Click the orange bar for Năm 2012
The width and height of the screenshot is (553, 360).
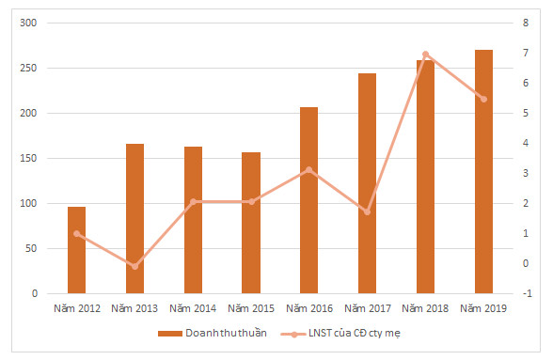[76, 250]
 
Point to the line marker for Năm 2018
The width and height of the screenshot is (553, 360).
[425, 55]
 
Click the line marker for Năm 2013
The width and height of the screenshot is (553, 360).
[134, 266]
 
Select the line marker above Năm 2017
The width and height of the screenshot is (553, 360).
[367, 211]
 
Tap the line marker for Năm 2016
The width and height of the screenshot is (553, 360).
[308, 170]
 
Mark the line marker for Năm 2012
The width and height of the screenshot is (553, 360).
[76, 233]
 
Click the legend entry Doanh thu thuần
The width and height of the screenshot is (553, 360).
[214, 334]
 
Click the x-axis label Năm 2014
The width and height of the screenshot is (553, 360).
[193, 307]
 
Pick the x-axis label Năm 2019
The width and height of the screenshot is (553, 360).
[483, 307]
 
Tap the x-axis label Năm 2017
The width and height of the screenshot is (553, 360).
[367, 307]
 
